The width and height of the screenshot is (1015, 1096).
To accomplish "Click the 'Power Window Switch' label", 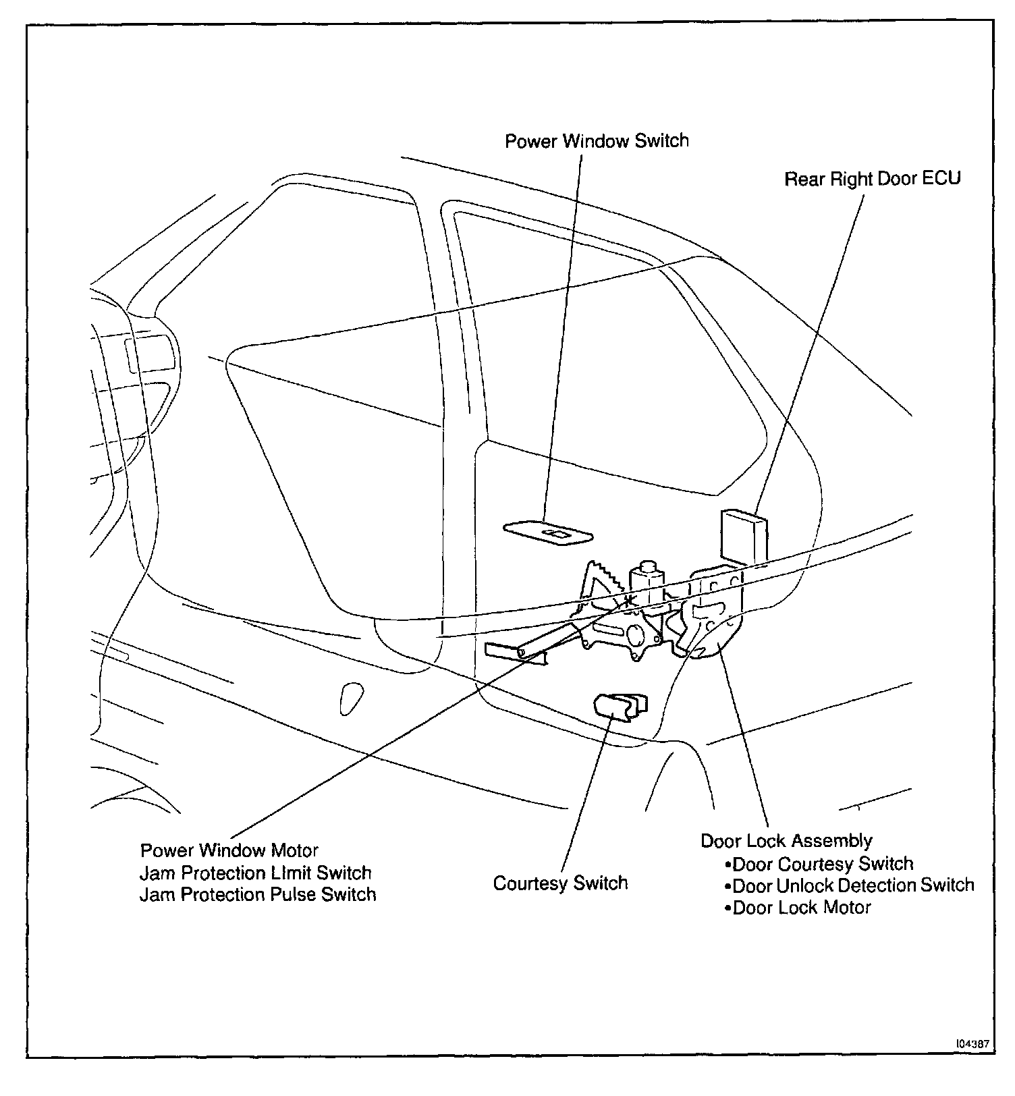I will [597, 141].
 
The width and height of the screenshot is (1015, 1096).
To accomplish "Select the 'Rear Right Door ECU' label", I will [872, 179].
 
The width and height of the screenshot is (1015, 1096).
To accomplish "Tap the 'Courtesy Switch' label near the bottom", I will [560, 883].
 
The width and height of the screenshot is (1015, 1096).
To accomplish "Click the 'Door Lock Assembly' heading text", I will [786, 841].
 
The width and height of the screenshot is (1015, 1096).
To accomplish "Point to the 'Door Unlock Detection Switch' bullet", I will [852, 885].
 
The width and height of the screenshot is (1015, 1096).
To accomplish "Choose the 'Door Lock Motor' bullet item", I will [801, 907].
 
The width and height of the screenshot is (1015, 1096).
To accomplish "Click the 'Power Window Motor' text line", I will [229, 850].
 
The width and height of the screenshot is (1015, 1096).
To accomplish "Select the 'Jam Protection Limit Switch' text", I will [255, 873].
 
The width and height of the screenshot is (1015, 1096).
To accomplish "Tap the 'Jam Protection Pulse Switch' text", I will [257, 894].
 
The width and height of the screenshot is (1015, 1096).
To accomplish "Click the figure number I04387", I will [972, 1043].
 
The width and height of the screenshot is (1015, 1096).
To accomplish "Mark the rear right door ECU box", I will [744, 536].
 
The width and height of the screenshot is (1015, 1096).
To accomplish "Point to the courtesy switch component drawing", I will [620, 707].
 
